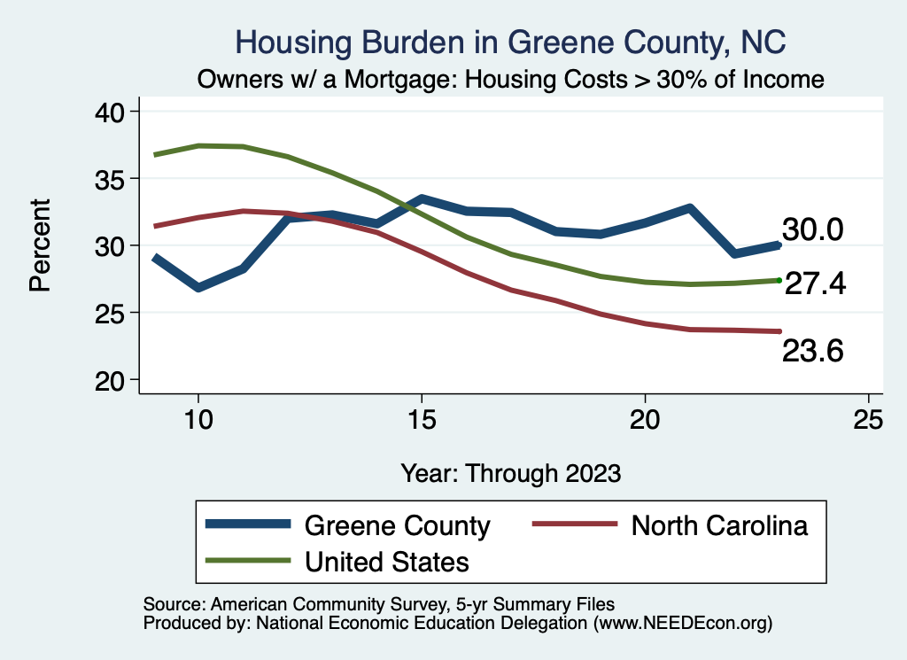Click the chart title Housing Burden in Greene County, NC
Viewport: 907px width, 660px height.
(x=510, y=43)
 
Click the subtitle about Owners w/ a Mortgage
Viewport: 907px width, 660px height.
(x=510, y=80)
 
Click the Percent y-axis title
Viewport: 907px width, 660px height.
(x=40, y=245)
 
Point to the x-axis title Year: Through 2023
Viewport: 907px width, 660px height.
(x=510, y=472)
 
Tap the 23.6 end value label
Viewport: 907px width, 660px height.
(x=812, y=352)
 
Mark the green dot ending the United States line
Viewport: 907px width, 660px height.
(x=779, y=280)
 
